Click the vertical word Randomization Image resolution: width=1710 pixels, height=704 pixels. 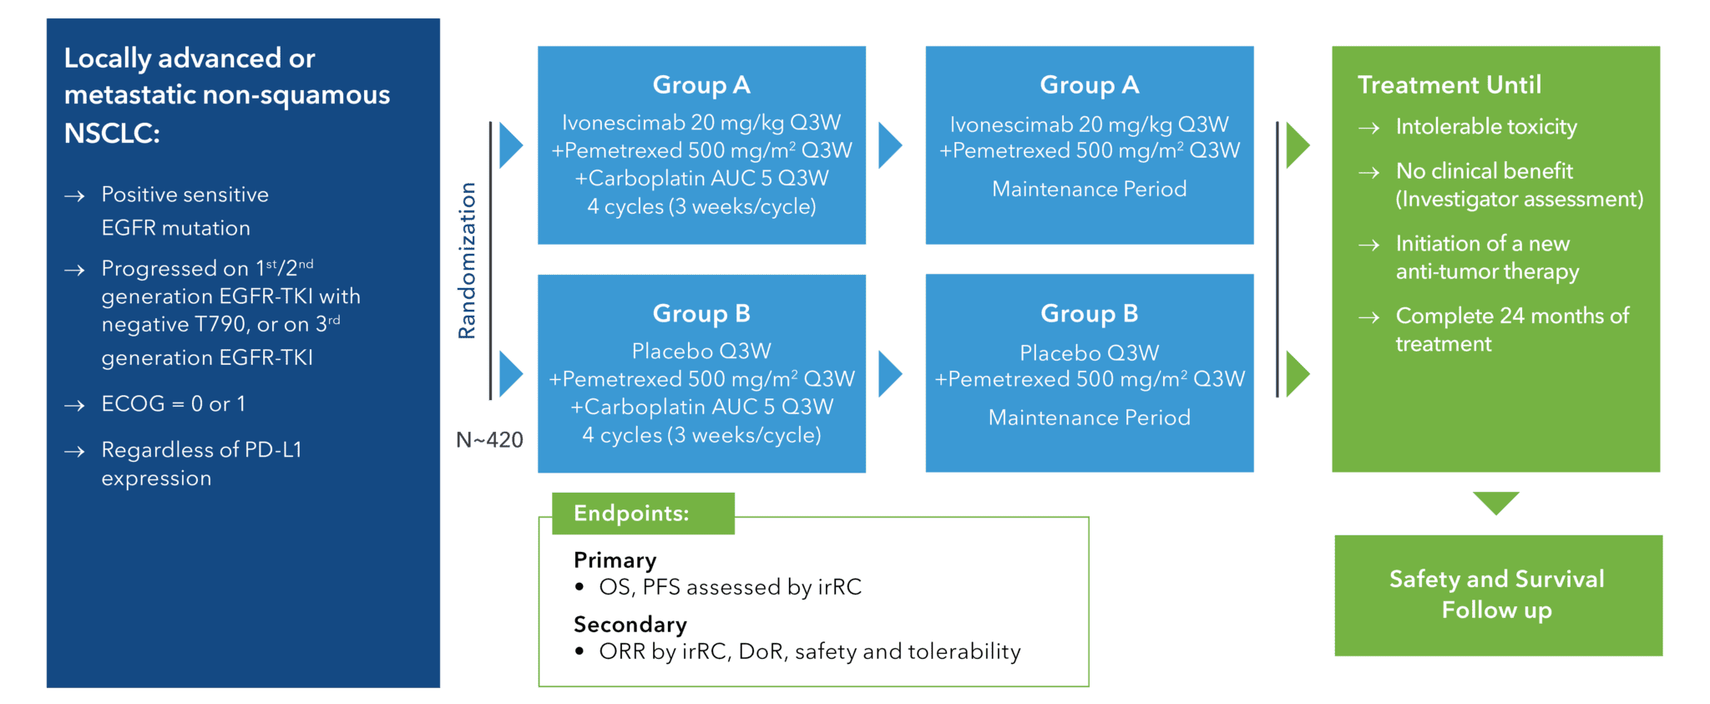468,261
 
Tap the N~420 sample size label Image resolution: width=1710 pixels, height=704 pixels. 489,440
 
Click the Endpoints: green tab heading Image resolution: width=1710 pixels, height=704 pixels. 631,513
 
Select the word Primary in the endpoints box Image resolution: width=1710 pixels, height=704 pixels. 615,560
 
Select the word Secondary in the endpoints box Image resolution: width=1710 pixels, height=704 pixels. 630,624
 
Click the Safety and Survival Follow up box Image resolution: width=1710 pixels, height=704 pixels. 1497,595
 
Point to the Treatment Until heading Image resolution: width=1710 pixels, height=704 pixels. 1449,85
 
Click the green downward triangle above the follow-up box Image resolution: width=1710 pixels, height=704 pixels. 1495,502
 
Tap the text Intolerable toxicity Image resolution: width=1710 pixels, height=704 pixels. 1486,127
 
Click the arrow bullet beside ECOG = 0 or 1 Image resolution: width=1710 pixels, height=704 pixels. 75,406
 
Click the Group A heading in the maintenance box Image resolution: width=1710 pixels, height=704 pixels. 1089,85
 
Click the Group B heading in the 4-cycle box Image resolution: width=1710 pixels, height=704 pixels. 701,313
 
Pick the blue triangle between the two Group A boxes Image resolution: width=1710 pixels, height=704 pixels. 890,146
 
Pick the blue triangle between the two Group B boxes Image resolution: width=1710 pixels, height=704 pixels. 890,373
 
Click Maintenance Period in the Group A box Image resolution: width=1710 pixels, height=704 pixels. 1089,190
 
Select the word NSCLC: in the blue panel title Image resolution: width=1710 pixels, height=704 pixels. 112,134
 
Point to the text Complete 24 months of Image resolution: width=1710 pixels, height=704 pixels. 1511,317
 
